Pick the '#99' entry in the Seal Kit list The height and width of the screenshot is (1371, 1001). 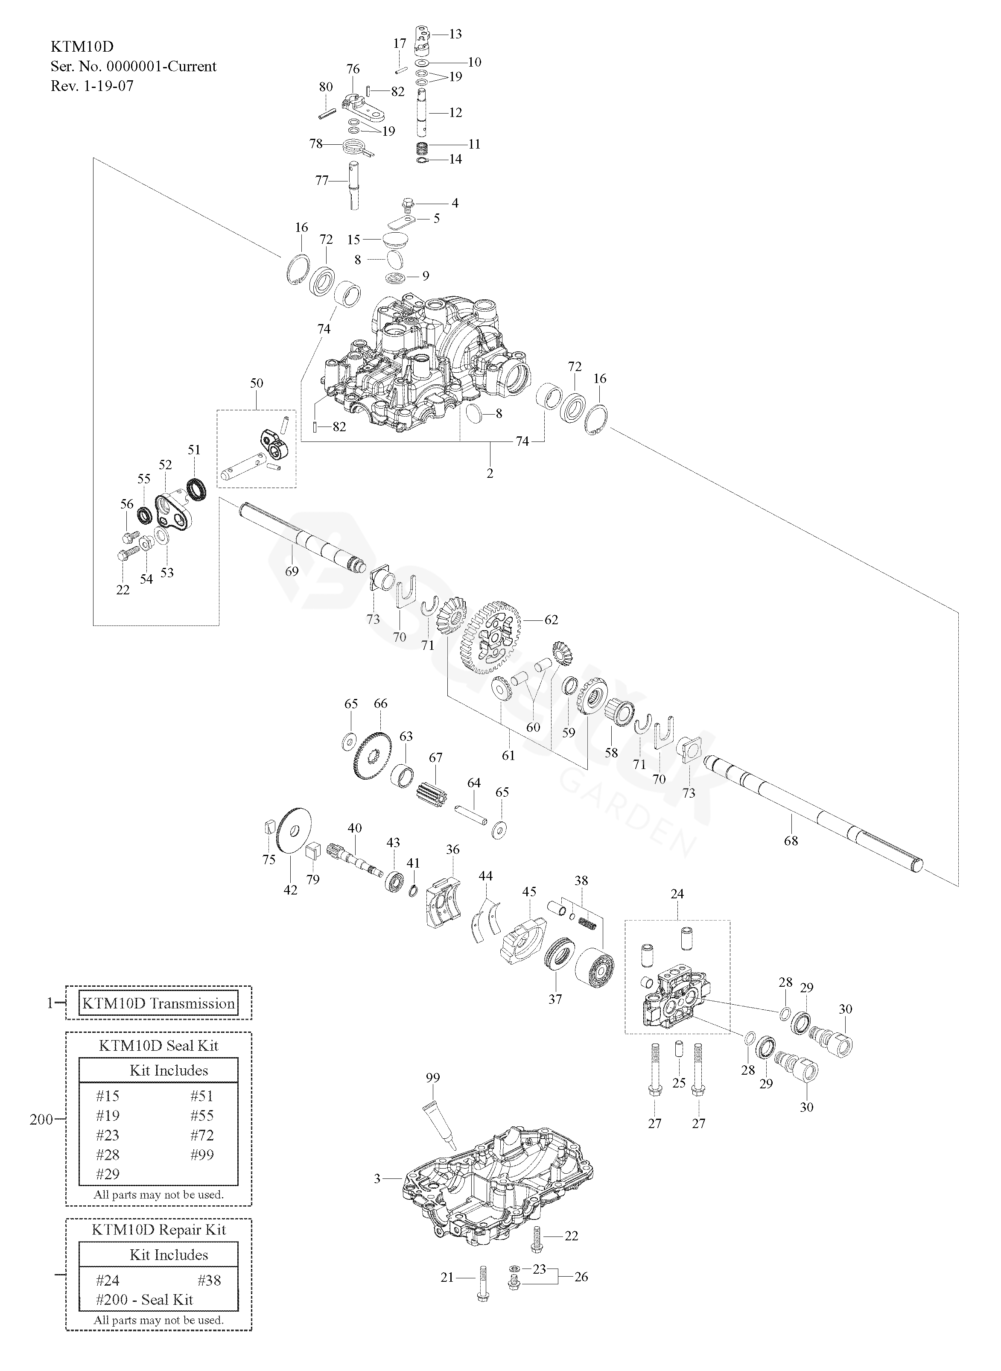pyautogui.click(x=202, y=1155)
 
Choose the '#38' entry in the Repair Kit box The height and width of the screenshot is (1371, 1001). pyautogui.click(x=209, y=1280)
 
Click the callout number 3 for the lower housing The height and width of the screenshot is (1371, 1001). pyautogui.click(x=377, y=1178)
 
